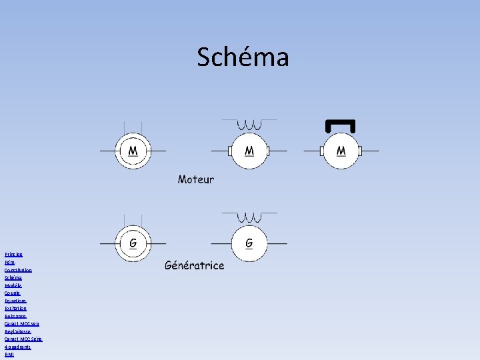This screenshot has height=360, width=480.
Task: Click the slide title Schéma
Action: (243, 57)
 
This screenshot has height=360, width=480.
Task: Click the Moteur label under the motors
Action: (196, 179)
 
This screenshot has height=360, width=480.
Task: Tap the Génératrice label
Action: (195, 265)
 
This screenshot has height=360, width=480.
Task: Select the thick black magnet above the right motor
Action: (339, 125)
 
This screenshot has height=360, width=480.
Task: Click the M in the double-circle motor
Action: (133, 151)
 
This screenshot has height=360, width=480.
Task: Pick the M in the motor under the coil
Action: (249, 151)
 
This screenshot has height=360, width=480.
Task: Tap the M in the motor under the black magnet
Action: (341, 151)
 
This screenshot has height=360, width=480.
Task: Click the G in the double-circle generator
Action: (133, 243)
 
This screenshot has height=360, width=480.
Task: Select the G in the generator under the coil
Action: (249, 243)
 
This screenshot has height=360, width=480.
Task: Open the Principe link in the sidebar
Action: (13, 254)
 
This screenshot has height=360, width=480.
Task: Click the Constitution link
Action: (18, 270)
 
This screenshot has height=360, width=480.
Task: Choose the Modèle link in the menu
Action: (13, 285)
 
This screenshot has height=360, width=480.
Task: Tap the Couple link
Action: (13, 293)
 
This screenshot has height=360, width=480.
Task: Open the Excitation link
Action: (16, 309)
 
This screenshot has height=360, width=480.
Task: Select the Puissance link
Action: (16, 316)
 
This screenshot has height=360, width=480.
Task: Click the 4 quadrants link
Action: (18, 347)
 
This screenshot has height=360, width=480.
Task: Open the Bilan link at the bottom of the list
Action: (9, 355)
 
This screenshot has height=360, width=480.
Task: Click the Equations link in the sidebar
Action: (16, 301)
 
